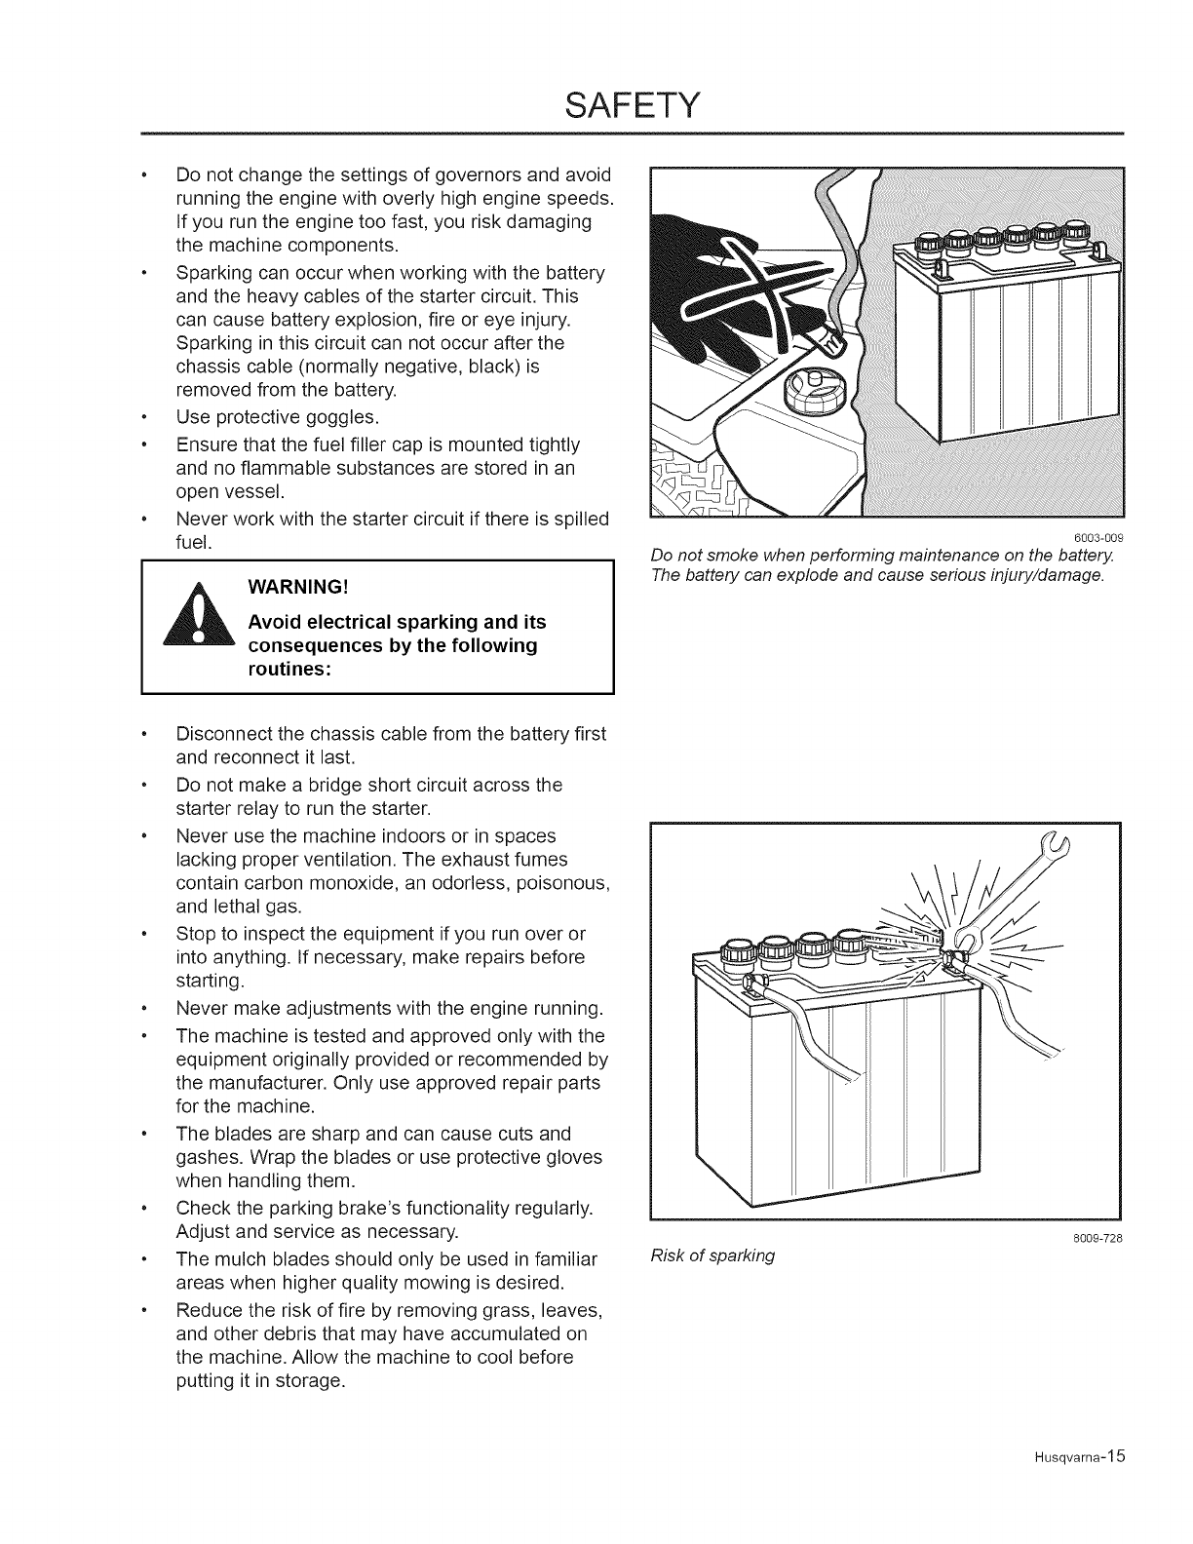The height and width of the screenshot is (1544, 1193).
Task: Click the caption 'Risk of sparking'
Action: pyautogui.click(x=712, y=1255)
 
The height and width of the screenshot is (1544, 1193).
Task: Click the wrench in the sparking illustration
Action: pyautogui.click(x=994, y=892)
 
